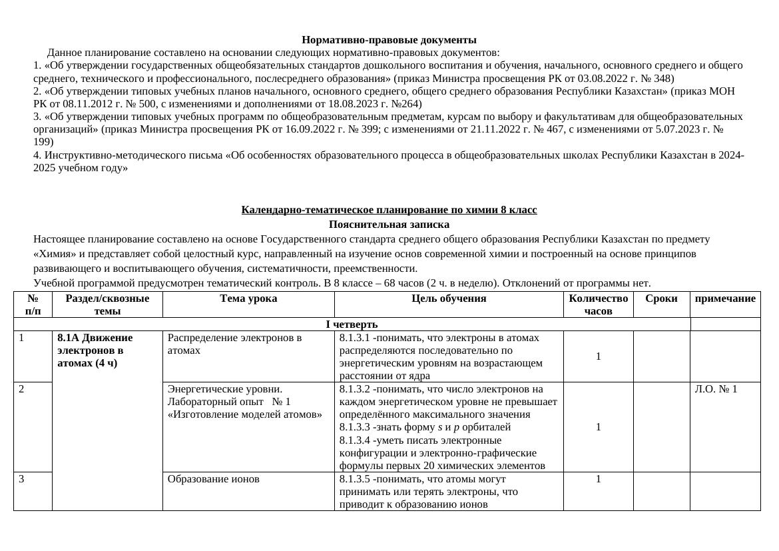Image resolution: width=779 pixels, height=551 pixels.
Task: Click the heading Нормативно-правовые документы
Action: [389, 40]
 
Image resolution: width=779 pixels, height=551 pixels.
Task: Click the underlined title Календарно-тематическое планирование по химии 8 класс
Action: [389, 210]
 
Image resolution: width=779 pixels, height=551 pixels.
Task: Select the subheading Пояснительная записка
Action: [389, 225]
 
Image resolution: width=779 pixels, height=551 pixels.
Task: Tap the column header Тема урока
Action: [248, 298]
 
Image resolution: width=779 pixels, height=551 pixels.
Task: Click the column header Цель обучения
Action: [449, 298]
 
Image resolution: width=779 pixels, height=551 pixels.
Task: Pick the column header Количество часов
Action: [598, 304]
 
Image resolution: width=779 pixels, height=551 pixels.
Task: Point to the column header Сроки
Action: [661, 298]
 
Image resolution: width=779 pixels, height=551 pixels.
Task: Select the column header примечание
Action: [725, 298]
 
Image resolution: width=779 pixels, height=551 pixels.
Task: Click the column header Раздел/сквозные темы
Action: [107, 304]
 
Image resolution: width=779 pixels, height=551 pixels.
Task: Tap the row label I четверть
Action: [352, 324]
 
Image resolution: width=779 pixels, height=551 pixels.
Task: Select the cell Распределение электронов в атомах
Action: [234, 344]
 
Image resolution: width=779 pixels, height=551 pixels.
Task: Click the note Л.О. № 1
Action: [716, 388]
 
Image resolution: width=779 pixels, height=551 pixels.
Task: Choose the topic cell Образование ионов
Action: [213, 478]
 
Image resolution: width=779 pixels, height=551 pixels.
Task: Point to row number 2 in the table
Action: [23, 388]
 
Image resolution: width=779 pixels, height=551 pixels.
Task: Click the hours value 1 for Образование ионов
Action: [598, 478]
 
